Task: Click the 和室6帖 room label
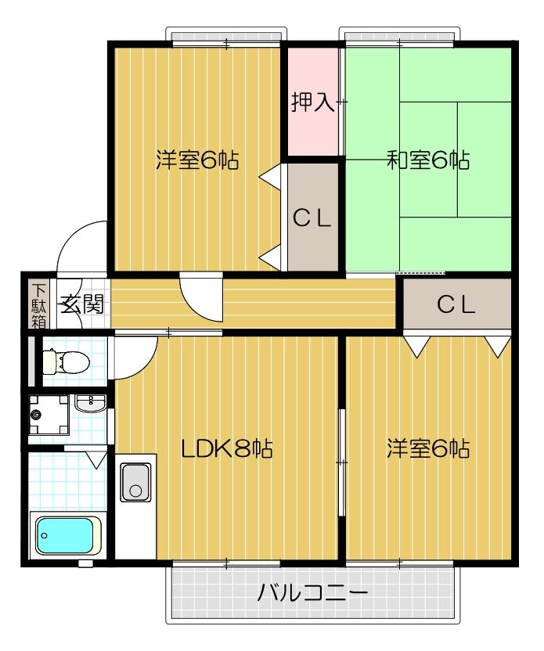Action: tap(427, 160)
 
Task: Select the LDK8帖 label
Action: tap(226, 449)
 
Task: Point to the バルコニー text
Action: tap(312, 592)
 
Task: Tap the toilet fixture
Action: tap(65, 361)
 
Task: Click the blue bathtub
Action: tap(69, 534)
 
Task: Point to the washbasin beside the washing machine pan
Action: tap(91, 404)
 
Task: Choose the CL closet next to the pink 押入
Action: tap(312, 218)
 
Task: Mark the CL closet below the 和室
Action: tap(456, 305)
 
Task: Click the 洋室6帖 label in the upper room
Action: tap(196, 160)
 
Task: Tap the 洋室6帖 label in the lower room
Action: tap(427, 449)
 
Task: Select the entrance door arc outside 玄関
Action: tap(81, 243)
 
